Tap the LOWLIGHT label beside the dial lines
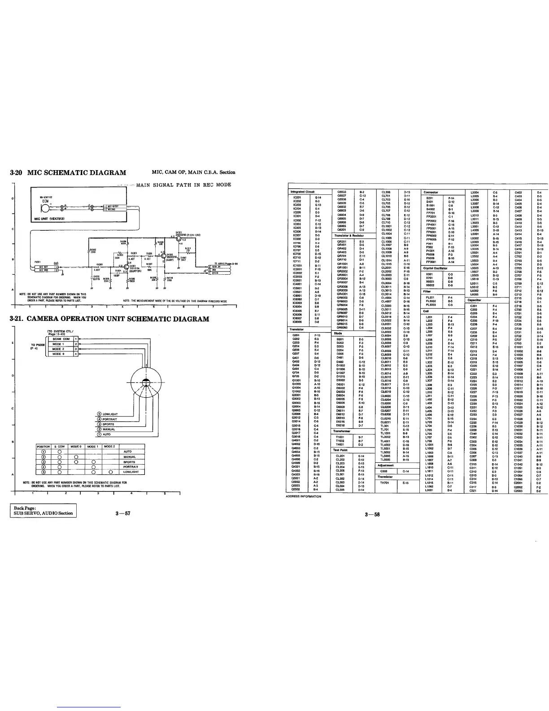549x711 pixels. click(110, 414)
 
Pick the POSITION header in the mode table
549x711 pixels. click(44, 447)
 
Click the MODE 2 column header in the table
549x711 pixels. click(109, 447)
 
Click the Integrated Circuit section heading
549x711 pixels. click(304, 192)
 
